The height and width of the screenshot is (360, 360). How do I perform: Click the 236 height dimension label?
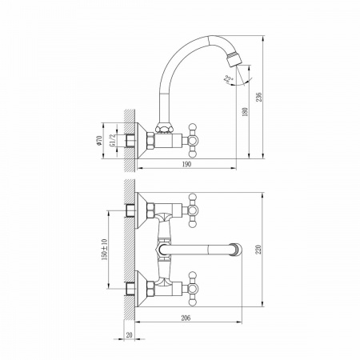click(x=258, y=97)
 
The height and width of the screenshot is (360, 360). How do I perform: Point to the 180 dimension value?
click(x=245, y=112)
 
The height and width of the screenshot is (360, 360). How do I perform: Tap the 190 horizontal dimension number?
click(x=186, y=164)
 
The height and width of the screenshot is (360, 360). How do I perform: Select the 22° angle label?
click(x=229, y=79)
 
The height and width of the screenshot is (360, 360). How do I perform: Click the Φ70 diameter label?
click(x=99, y=140)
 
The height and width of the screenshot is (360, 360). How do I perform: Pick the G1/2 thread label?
click(x=113, y=140)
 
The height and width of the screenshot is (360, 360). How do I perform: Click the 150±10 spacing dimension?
click(x=104, y=250)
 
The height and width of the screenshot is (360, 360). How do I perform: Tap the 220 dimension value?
click(x=258, y=250)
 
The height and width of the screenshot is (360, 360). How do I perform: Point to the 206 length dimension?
click(x=186, y=318)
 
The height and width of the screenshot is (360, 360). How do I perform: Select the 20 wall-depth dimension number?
click(x=129, y=335)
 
